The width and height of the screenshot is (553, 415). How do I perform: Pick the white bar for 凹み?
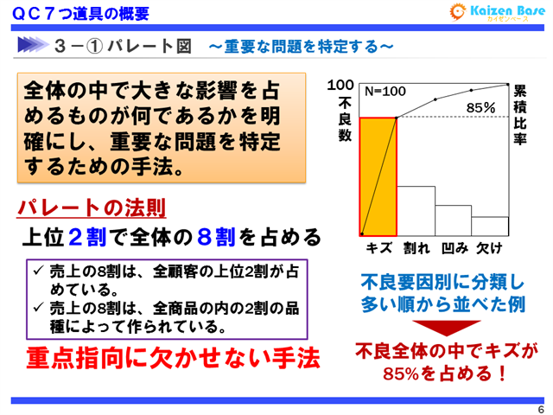pyautogui.click(x=452, y=220)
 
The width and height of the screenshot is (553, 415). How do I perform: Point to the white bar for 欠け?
pyautogui.click(x=489, y=226)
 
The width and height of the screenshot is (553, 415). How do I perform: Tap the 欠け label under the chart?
pyautogui.click(x=490, y=248)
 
